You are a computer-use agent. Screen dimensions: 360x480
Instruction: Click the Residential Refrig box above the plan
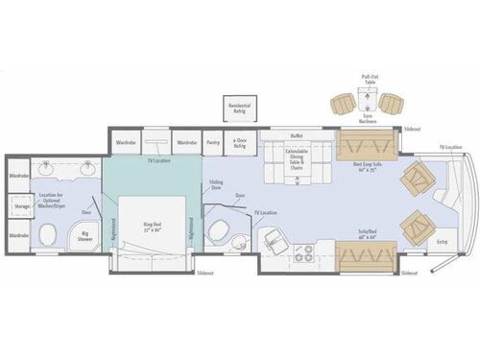coord(237,109)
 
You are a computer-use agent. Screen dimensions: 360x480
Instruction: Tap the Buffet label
coord(295,136)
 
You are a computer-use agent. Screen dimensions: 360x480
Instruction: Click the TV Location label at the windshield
coord(450,147)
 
